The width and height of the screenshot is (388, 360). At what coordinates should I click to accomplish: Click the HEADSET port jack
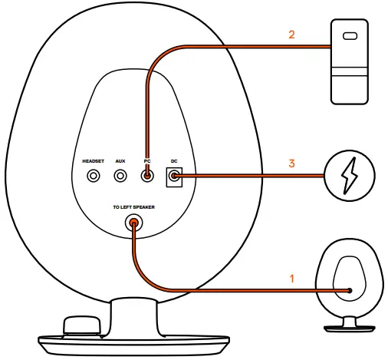click(94, 176)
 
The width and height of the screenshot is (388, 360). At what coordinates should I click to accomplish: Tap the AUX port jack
click(120, 176)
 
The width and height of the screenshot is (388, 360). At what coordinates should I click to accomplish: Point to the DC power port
click(174, 177)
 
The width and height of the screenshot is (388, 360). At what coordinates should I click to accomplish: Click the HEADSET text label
click(94, 161)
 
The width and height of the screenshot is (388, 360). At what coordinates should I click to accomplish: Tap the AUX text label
click(120, 161)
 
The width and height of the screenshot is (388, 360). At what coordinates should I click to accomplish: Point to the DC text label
click(174, 161)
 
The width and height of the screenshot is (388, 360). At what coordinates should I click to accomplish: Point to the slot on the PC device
click(351, 35)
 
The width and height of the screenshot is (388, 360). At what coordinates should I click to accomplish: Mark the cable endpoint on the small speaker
click(350, 291)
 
